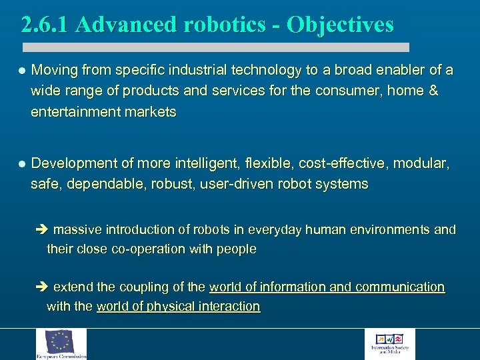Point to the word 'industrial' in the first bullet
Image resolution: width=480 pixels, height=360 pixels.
[x=195, y=70]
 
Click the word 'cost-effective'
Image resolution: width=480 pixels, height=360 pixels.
[x=340, y=163]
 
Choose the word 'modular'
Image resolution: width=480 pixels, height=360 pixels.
[x=420, y=163]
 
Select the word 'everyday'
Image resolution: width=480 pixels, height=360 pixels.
[x=275, y=230]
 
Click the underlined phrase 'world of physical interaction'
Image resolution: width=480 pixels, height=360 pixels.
[x=178, y=307]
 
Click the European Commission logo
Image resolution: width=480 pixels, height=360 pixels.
[x=61, y=344]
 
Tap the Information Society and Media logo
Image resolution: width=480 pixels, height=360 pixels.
[x=389, y=344]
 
